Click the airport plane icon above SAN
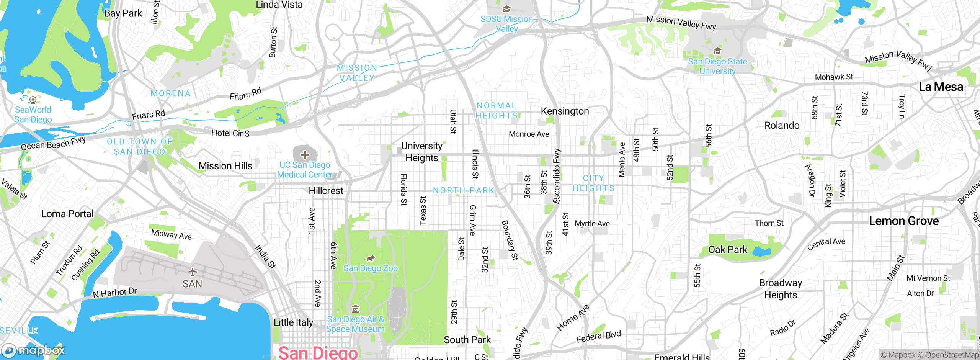(192, 272)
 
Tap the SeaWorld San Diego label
(33, 115)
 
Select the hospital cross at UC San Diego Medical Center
(305, 155)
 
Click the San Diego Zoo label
(370, 268)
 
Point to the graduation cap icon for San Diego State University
(717, 51)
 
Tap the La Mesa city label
(941, 87)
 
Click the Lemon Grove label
(903, 221)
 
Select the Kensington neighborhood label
(565, 111)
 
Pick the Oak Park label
(727, 250)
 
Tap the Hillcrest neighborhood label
(326, 191)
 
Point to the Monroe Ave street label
(529, 134)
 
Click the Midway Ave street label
(171, 234)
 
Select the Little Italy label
(293, 322)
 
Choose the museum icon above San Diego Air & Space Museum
(356, 309)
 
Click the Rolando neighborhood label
(782, 126)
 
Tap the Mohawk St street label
(834, 77)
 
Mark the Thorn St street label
(769, 223)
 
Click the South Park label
(467, 340)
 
